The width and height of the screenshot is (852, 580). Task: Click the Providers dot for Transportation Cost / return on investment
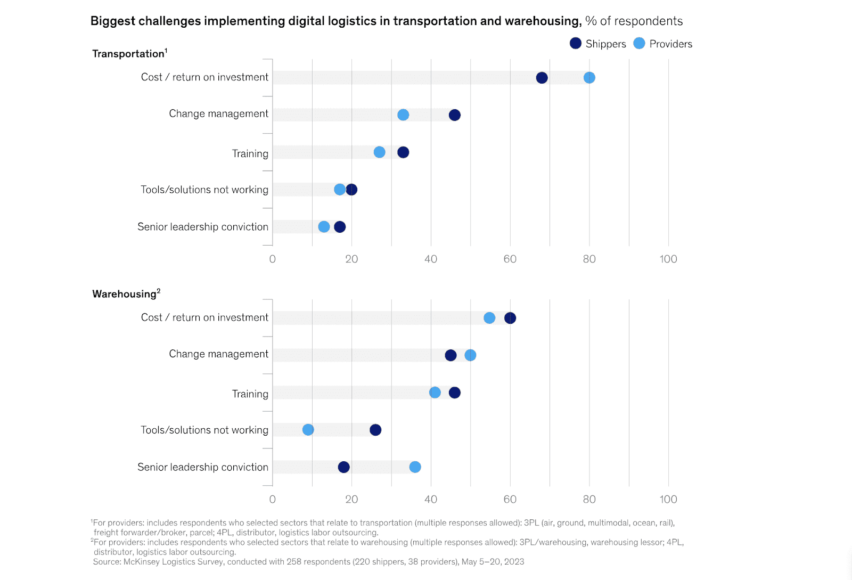[589, 78]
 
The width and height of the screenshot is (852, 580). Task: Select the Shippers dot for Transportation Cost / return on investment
[542, 78]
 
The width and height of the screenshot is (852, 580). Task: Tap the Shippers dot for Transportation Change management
[454, 115]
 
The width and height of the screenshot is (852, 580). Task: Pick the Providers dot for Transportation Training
[379, 152]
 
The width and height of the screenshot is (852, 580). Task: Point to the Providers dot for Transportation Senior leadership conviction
[324, 227]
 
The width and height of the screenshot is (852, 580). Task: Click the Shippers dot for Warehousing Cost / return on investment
[510, 318]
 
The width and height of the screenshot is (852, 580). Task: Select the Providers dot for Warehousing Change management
[470, 355]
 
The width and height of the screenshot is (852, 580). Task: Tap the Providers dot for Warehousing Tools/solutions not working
[308, 430]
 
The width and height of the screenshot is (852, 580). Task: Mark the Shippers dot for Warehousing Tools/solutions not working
[375, 430]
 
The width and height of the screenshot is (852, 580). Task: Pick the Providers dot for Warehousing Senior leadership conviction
[415, 467]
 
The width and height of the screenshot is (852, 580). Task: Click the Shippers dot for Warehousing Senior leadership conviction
[344, 467]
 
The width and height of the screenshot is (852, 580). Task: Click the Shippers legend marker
[576, 44]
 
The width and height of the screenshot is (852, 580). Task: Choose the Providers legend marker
[640, 44]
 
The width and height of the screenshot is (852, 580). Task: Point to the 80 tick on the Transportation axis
[589, 259]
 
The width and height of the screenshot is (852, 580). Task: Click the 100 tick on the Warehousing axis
[668, 500]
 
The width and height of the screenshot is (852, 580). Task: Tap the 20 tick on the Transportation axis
[351, 259]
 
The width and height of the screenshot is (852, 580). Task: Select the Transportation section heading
[128, 54]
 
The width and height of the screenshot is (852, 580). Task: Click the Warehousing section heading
[125, 294]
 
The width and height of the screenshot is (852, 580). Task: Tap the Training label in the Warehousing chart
[250, 394]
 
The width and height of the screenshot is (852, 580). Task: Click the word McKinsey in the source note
[142, 562]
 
